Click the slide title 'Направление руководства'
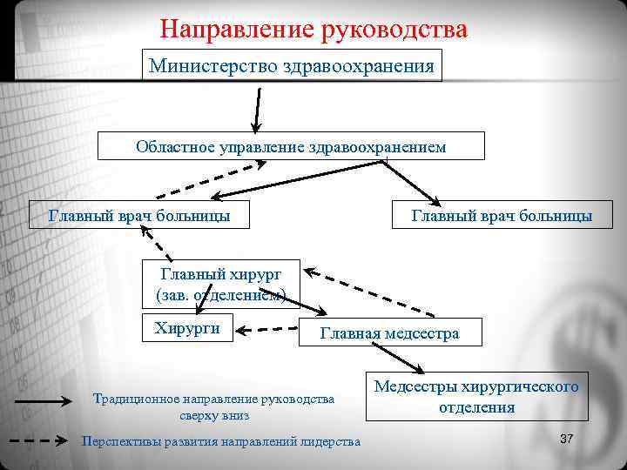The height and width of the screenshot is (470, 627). pyautogui.click(x=313, y=29)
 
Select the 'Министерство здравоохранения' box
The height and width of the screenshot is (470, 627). pyautogui.click(x=292, y=65)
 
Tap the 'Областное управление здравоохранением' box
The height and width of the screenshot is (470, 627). pyautogui.click(x=291, y=146)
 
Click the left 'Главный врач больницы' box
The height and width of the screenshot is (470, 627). pyautogui.click(x=139, y=214)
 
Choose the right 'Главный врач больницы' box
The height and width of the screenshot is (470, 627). pyautogui.click(x=502, y=215)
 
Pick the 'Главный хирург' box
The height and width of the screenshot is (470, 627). pyautogui.click(x=221, y=284)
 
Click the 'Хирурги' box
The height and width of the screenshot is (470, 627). pyautogui.click(x=187, y=328)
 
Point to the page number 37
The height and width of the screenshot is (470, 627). pyautogui.click(x=567, y=438)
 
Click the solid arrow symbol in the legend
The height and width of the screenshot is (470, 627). pyautogui.click(x=43, y=402)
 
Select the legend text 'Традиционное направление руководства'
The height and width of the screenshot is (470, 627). pyautogui.click(x=213, y=399)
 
